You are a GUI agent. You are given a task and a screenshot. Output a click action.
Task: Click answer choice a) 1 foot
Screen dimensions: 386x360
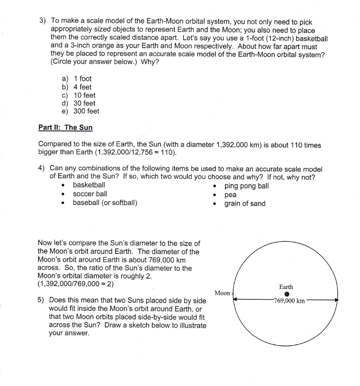click(x=77, y=79)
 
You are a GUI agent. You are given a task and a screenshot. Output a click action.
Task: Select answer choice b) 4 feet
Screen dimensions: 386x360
click(x=77, y=87)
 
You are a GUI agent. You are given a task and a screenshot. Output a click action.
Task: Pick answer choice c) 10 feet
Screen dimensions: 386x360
click(x=79, y=95)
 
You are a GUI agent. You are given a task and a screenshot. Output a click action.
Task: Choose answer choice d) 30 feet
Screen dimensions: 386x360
click(x=79, y=103)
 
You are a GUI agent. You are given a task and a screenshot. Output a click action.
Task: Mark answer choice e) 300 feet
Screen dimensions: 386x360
click(x=80, y=112)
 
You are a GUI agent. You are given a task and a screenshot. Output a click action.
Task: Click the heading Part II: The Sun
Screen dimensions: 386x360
click(x=65, y=128)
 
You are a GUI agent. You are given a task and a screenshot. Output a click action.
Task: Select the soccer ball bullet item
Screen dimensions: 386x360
click(x=90, y=194)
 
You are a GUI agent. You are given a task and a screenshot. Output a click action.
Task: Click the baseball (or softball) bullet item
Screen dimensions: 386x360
click(x=105, y=203)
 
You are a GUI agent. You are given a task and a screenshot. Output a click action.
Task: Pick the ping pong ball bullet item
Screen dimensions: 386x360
click(x=247, y=186)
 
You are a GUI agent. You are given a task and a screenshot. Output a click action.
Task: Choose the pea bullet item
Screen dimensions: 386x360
click(x=230, y=195)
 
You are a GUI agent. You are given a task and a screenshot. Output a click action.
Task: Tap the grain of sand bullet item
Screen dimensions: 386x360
click(x=245, y=203)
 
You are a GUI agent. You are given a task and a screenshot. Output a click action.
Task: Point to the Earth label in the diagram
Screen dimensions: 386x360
click(x=286, y=287)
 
